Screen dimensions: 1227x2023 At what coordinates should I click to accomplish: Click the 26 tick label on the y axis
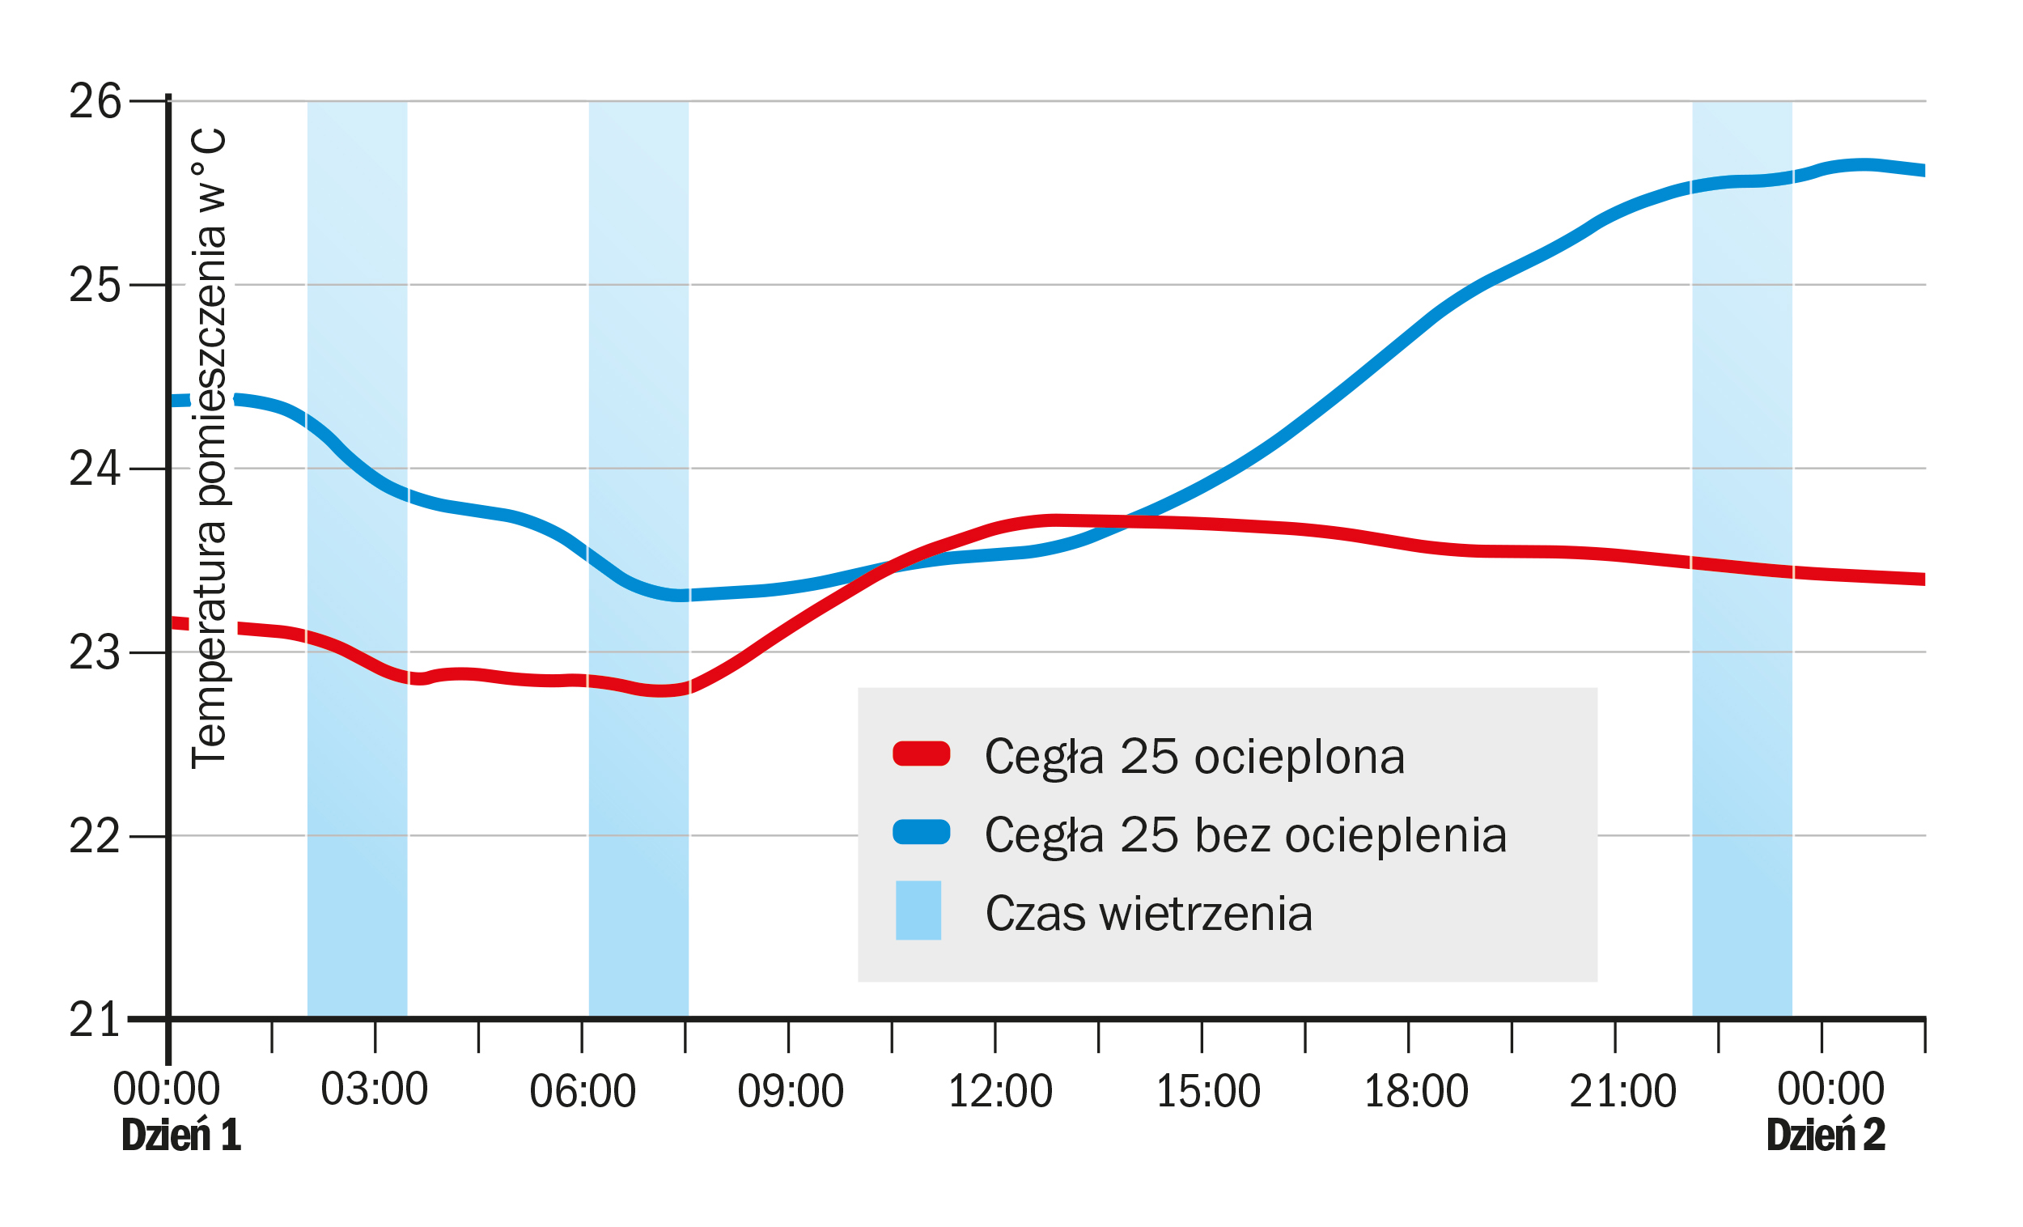click(x=95, y=102)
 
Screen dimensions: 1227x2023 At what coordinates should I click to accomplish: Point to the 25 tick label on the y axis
click(x=95, y=286)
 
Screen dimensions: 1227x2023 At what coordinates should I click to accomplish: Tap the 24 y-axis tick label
click(x=95, y=469)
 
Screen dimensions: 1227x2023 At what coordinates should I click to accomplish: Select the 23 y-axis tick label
click(x=95, y=654)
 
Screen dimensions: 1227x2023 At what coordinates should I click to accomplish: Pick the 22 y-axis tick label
click(x=95, y=838)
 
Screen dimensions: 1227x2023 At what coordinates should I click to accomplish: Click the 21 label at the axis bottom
click(x=95, y=1021)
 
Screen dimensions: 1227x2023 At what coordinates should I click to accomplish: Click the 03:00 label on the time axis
click(x=375, y=1091)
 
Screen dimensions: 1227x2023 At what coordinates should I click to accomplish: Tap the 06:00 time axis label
click(x=582, y=1093)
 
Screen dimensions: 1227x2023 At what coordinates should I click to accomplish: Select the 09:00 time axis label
click(x=790, y=1093)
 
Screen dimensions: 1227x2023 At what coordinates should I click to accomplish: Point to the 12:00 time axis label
click(x=1000, y=1093)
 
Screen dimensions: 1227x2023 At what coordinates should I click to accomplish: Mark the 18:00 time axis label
click(x=1415, y=1093)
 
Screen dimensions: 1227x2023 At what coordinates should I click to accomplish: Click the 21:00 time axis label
click(x=1622, y=1093)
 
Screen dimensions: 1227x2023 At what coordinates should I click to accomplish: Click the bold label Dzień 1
click(x=180, y=1136)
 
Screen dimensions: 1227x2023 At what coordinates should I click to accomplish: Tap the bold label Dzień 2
click(x=1825, y=1136)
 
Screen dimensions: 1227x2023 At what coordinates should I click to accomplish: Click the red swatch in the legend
click(x=921, y=754)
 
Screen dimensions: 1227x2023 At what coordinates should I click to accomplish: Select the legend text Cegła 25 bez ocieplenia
click(x=1245, y=836)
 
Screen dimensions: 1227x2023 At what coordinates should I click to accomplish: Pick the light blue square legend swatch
click(x=918, y=911)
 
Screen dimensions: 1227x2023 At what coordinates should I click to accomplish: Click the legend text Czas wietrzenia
click(x=1148, y=914)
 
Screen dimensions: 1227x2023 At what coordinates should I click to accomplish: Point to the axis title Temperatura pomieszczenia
click(x=209, y=448)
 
